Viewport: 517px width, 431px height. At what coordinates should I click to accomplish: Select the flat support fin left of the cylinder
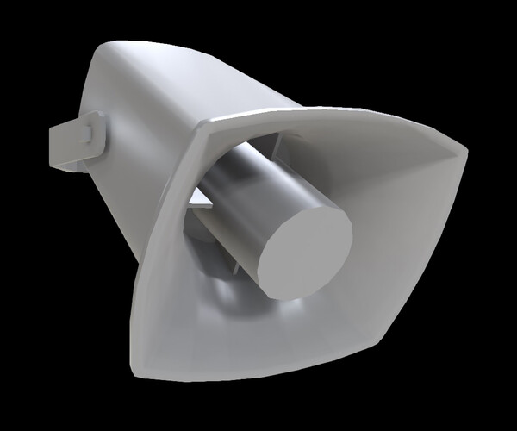[197, 203]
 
